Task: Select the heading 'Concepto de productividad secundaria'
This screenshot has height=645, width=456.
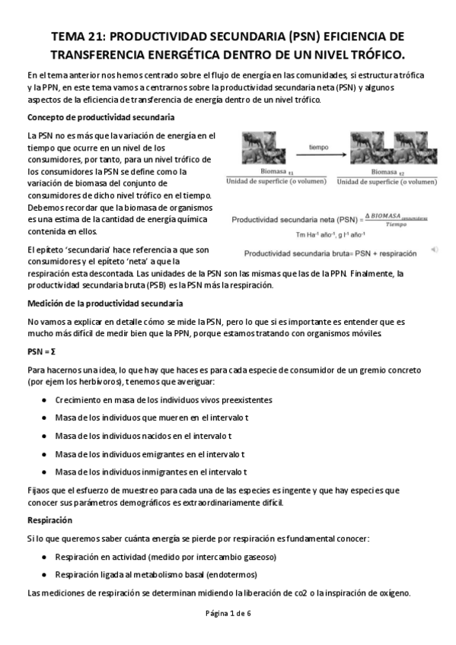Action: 100,117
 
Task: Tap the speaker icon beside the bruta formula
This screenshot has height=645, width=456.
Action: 434,249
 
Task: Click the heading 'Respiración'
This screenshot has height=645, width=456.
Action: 49,521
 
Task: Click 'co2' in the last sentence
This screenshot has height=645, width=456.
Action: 299,593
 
